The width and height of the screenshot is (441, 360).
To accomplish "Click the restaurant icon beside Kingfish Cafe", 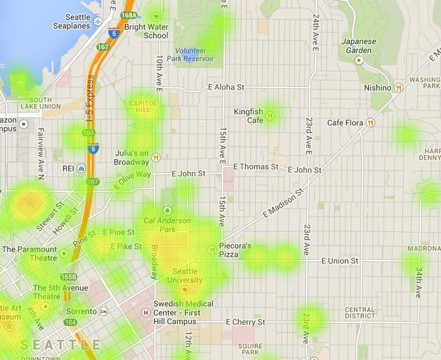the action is [270, 115].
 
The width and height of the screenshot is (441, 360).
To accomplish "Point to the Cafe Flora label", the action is [345, 123].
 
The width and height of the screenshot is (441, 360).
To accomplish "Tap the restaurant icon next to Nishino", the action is [398, 88].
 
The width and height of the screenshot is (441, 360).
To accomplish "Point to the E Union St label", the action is [340, 261].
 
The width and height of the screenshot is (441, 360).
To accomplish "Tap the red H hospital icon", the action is [146, 312].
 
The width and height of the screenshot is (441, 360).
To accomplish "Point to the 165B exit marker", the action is [68, 277].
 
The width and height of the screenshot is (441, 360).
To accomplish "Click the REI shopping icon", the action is [81, 169].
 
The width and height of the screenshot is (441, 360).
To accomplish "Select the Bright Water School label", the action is [146, 31].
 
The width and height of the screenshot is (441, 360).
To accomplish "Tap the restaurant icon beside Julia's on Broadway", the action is [156, 157].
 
